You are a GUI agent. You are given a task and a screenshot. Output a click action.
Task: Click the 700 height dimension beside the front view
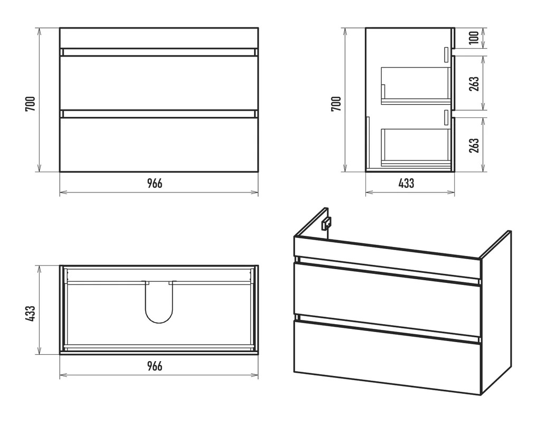coord(30,104)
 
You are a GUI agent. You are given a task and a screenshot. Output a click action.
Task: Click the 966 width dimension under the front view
coord(155,184)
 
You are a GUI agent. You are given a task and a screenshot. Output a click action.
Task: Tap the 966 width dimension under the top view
coord(155,366)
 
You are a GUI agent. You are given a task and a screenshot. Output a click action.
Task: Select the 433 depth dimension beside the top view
coord(30,313)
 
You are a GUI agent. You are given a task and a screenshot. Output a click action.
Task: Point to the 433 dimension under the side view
coord(406,183)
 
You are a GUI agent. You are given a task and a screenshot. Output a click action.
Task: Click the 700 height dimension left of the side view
coord(336,104)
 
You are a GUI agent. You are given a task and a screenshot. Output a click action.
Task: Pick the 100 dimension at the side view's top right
coord(474,38)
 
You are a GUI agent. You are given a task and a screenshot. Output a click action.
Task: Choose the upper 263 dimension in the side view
coord(474,84)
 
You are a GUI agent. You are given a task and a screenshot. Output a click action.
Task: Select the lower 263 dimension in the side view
coord(474,145)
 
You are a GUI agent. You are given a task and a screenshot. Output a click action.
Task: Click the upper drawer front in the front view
coord(159,83)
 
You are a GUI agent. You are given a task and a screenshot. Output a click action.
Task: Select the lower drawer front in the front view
coord(159,144)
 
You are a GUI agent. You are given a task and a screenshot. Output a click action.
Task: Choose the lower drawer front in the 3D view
coord(387,357)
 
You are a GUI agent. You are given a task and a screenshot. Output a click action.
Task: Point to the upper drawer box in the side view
coord(416,86)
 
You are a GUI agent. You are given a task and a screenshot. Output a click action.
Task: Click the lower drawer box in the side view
coord(416,148)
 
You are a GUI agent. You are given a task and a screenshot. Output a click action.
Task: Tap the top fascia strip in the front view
coord(159,38)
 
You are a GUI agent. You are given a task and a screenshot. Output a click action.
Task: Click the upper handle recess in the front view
coord(159,52)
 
